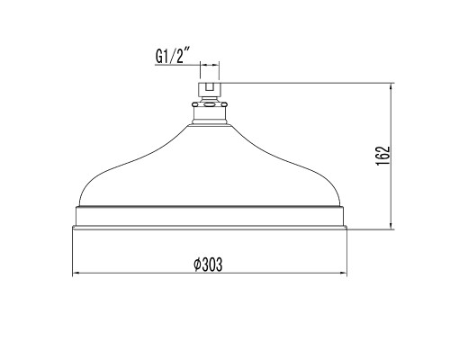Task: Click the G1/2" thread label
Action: (x=173, y=56)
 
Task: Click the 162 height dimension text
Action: (x=383, y=156)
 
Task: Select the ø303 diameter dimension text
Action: (x=208, y=265)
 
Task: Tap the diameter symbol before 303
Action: (x=197, y=265)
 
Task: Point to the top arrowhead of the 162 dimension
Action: (x=391, y=86)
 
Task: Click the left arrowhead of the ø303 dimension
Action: (x=76, y=273)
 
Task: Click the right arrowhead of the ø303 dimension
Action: (x=343, y=273)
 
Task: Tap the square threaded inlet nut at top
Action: (x=210, y=88)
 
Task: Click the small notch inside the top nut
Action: (x=210, y=86)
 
